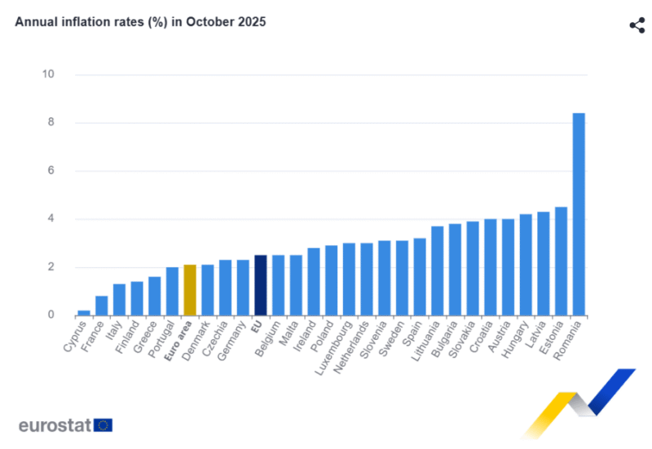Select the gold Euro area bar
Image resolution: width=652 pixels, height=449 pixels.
point(190,290)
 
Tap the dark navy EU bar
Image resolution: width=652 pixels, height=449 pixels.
point(260,285)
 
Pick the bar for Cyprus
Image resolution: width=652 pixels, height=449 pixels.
point(84,312)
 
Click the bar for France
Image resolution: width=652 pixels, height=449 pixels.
point(102,306)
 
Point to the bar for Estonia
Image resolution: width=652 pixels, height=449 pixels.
point(561,261)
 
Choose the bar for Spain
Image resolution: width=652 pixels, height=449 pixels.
point(420,276)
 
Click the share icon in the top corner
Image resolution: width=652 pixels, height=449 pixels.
point(637,24)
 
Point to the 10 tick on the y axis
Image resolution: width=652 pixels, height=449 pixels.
point(48,75)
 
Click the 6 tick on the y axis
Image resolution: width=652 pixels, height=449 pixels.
point(51,171)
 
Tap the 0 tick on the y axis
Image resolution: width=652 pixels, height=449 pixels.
point(51,315)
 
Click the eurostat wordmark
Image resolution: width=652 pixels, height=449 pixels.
point(54,425)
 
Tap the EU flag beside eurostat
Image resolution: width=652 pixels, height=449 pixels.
point(103,425)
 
